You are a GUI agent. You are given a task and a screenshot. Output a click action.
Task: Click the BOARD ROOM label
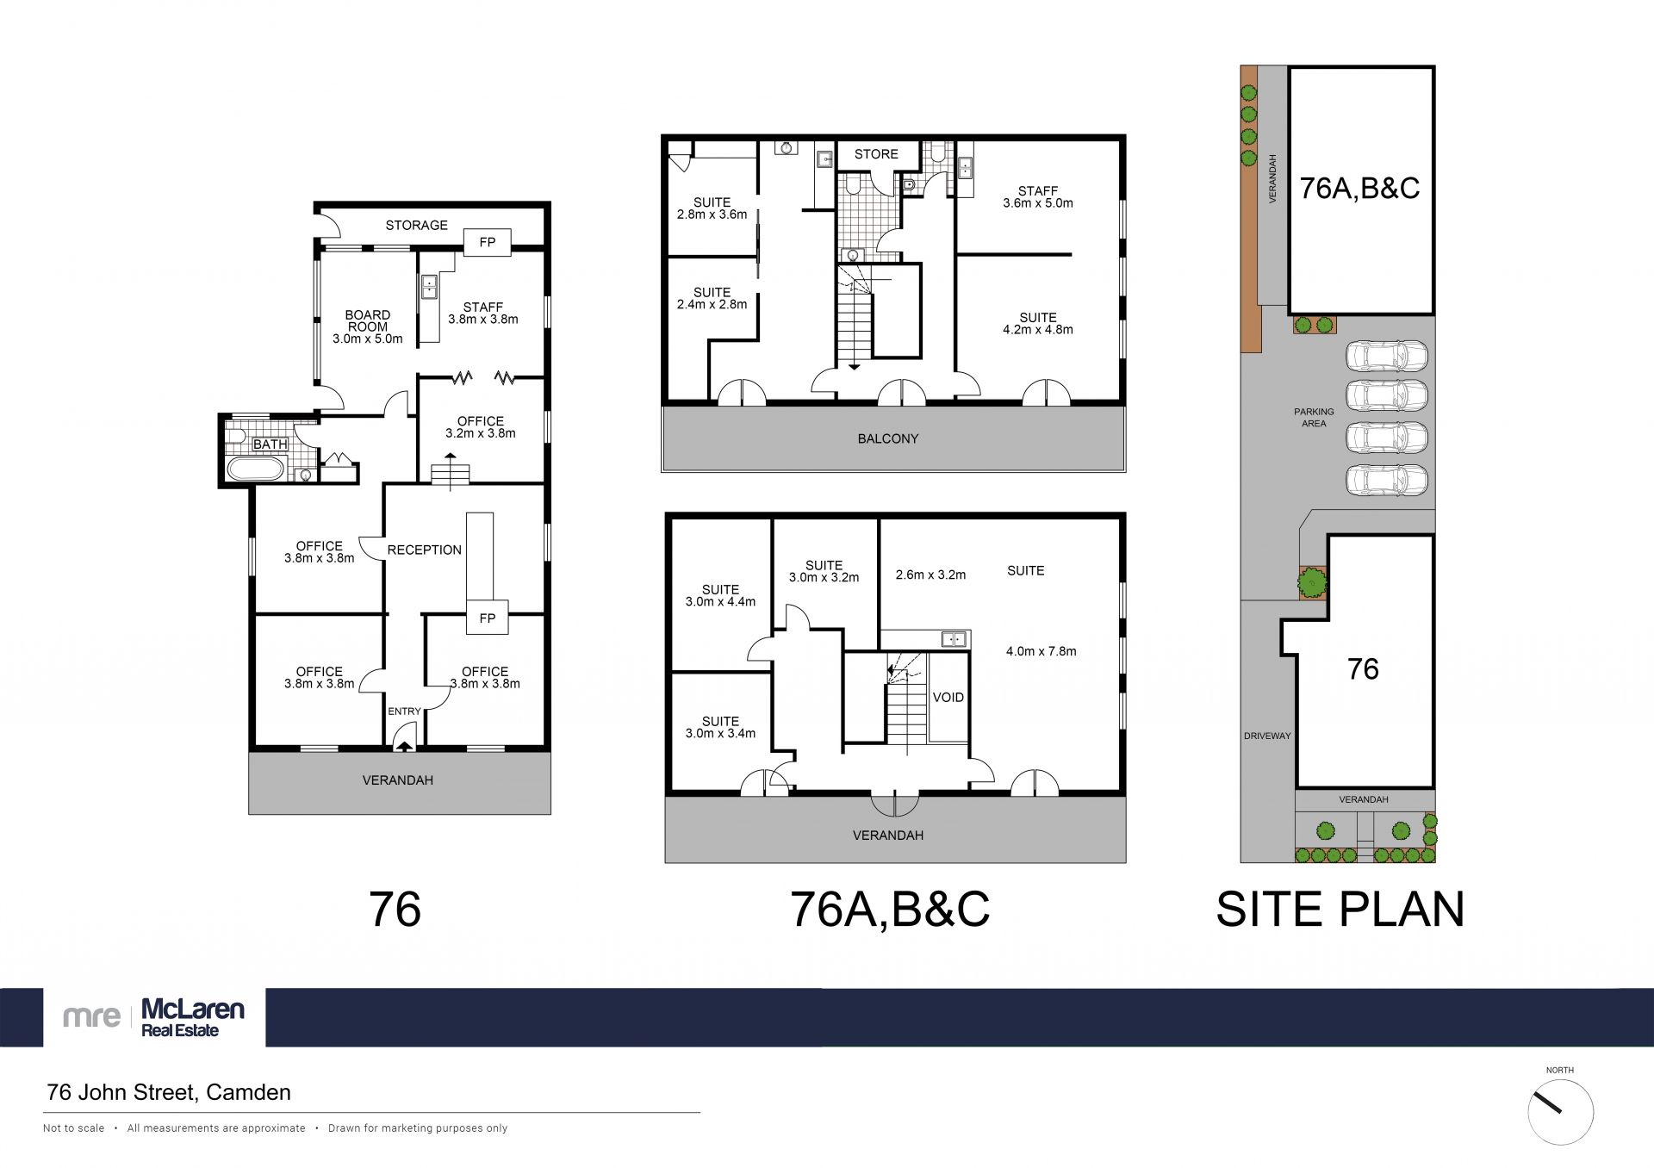368,320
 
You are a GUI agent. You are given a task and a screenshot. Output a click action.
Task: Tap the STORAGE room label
416,226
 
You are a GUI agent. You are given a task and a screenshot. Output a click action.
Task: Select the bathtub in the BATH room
253,469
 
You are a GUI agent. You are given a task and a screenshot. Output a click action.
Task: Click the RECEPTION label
425,550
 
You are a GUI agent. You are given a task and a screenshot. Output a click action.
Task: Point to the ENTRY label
404,711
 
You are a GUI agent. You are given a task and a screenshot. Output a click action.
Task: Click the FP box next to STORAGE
488,242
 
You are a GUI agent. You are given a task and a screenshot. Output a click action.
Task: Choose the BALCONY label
888,438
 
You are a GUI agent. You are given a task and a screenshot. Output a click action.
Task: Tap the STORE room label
876,154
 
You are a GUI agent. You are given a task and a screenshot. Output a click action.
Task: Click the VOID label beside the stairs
948,697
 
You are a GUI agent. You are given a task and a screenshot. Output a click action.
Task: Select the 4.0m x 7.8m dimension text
1042,651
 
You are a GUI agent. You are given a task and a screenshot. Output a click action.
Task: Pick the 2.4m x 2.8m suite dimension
712,304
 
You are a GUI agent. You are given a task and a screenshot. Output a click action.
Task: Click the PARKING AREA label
1314,418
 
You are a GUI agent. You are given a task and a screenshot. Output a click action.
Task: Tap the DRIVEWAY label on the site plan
1267,736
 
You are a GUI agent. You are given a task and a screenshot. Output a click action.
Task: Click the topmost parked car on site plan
1387,355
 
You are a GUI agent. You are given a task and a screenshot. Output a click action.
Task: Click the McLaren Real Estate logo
154,1017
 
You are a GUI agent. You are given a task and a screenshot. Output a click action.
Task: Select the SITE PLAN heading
1340,910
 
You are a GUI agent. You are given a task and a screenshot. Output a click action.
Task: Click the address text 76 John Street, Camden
169,1092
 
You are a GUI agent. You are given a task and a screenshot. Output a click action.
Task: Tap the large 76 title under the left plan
395,910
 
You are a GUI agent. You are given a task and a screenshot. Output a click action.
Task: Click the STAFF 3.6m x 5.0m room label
1038,197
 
